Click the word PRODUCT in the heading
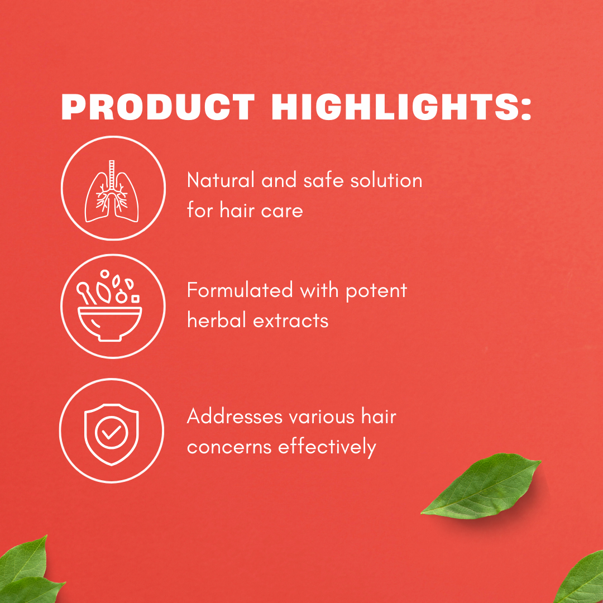point(157,107)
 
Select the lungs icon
point(112,191)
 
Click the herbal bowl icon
point(109,306)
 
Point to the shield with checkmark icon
point(112,434)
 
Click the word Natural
point(221,180)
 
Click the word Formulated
point(240,290)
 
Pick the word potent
point(376,291)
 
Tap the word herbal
point(216,320)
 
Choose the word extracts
point(291,321)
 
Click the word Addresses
point(234,417)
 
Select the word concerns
point(229,448)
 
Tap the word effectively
point(327,447)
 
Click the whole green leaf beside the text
point(481,486)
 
